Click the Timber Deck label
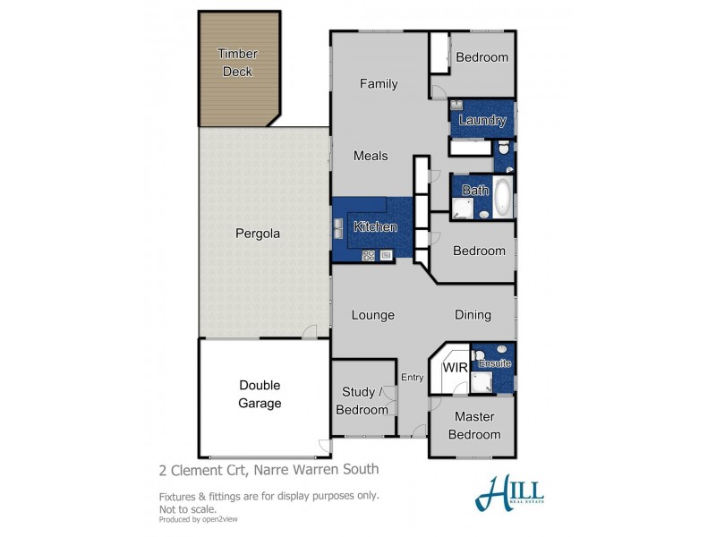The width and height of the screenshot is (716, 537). (236, 63)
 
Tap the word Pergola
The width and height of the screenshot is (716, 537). (258, 234)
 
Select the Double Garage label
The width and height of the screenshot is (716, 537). (260, 395)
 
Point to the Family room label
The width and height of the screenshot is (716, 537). (379, 84)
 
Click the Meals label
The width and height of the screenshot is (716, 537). (371, 156)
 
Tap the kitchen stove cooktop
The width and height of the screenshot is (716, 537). (368, 256)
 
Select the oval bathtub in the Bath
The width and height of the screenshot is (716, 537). (503, 198)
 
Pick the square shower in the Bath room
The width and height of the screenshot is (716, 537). (463, 209)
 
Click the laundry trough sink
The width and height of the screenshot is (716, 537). (457, 106)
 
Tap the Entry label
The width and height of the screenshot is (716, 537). (413, 378)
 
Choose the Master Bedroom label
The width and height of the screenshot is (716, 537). (474, 426)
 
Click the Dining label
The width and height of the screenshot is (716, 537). (473, 315)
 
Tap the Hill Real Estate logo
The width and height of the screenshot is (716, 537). (510, 492)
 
